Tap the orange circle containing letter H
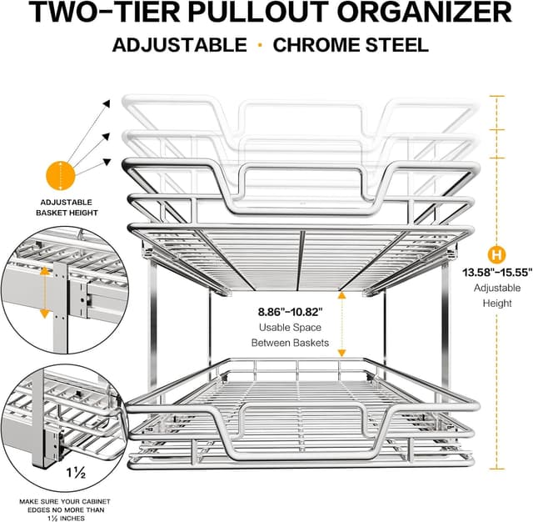pyautogui.click(x=498, y=253)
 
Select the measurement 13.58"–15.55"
pyautogui.click(x=498, y=271)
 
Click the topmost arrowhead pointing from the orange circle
pyautogui.click(x=107, y=104)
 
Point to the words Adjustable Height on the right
pyautogui.click(x=498, y=296)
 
